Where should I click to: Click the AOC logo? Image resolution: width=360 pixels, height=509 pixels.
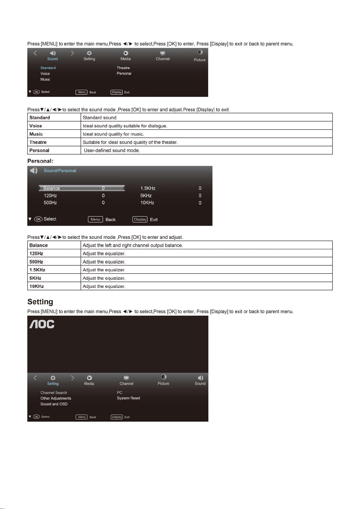[42, 324]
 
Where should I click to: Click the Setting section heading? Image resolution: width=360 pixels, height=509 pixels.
[40, 302]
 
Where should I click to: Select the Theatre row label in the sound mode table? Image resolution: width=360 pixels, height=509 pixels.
[38, 142]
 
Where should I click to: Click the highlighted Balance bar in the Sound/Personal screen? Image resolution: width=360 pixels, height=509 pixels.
[82, 188]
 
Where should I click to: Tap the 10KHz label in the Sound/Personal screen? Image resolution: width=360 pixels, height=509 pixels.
[147, 203]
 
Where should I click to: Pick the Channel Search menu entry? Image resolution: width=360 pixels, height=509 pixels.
[54, 393]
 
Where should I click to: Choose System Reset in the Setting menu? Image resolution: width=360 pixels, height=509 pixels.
[128, 398]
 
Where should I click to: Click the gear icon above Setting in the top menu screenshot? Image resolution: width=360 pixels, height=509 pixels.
[89, 53]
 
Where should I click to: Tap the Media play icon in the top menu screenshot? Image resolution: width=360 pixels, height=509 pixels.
[126, 53]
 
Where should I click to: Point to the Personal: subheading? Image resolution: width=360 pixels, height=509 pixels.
[40, 161]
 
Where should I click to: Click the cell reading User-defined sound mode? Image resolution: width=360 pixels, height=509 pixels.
[112, 150]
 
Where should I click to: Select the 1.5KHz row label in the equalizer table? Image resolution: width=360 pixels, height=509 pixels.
[37, 270]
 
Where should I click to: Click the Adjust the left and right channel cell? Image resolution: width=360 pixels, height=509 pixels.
[133, 245]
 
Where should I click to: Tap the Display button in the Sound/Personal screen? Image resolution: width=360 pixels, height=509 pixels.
[140, 219]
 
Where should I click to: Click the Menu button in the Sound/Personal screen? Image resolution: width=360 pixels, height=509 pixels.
[95, 219]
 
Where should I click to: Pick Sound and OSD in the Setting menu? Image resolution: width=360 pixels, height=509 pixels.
[54, 404]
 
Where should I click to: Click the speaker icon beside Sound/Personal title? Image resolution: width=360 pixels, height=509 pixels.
[34, 171]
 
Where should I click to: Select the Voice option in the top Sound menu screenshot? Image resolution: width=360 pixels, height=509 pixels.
[45, 74]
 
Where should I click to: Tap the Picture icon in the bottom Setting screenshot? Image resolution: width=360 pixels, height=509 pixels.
[164, 377]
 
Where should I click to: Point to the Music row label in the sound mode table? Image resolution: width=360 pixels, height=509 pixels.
[36, 134]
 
